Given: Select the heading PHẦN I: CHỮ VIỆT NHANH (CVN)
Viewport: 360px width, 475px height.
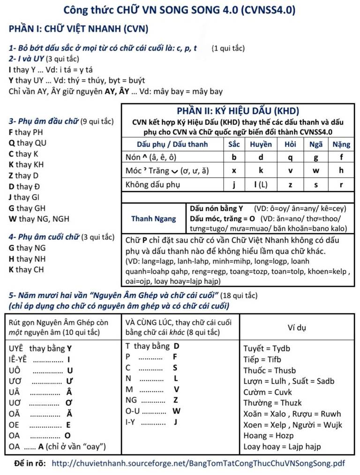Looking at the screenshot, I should click(78, 29).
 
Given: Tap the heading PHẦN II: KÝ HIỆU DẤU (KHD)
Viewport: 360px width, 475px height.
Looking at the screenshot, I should click(238, 111).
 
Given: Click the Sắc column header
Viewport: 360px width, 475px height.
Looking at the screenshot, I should click(234, 144).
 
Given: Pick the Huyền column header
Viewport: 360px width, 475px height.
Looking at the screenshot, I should click(261, 144).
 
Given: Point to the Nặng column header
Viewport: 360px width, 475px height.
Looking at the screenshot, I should click(341, 144).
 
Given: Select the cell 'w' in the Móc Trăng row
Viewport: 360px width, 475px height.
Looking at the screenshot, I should click(316, 171).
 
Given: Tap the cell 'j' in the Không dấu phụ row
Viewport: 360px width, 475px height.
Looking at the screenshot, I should click(234, 184).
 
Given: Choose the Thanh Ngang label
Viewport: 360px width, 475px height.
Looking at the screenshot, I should click(154, 219).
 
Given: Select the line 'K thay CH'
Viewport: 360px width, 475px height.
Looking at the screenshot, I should click(26, 270).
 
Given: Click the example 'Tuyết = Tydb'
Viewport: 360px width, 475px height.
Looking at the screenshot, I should click(267, 348).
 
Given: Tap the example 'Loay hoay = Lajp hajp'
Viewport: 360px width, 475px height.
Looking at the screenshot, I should click(282, 446).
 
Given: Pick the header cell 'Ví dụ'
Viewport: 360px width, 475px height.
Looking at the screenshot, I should click(297, 327).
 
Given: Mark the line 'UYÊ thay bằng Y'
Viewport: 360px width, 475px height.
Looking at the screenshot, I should click(40, 348).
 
